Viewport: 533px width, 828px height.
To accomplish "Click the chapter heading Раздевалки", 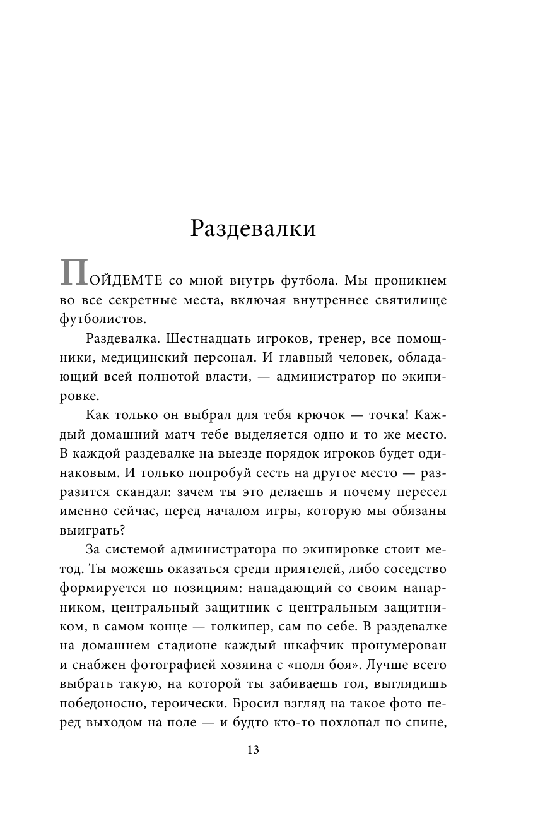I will point(254,228).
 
